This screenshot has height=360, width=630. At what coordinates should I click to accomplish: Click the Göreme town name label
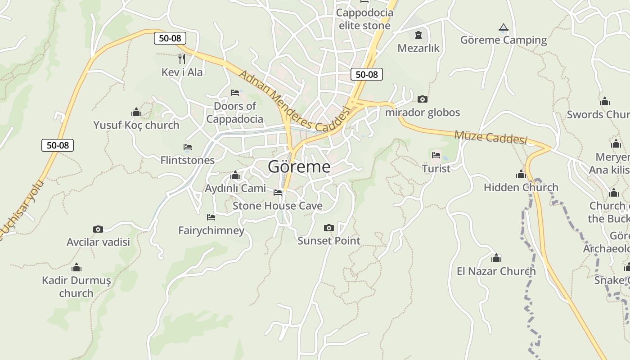coord(299,167)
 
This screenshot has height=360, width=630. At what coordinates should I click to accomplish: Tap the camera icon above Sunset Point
coord(329,228)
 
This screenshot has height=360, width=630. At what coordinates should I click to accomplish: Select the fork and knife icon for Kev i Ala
coord(182,58)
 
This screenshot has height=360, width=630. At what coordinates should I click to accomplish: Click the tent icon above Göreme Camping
coord(504,27)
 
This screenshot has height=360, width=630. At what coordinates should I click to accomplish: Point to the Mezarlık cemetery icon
coord(418,35)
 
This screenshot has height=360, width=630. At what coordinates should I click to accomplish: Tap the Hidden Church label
coord(521,187)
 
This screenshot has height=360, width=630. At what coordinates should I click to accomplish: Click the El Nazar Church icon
coord(496,258)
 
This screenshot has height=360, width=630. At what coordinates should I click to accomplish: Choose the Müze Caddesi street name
coord(490,137)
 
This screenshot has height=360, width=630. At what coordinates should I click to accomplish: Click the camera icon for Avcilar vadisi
coord(98,229)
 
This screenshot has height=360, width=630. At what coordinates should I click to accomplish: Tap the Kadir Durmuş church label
coord(76,287)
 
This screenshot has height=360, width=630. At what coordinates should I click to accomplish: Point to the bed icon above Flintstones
coord(188,147)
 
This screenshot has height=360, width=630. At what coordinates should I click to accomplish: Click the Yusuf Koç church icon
coord(136,112)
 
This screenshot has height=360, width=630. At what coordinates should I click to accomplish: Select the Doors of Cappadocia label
coord(234,112)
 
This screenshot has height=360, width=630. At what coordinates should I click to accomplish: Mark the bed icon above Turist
coord(436,156)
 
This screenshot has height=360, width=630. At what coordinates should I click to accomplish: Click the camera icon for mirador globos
coord(422,99)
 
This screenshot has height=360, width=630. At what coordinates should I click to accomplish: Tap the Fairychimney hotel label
coord(211,231)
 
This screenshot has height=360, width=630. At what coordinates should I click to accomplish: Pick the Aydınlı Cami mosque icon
coord(235,175)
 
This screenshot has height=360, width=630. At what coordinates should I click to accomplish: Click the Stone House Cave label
coord(277,206)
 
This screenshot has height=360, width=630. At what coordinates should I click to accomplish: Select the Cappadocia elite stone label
coord(364,19)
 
